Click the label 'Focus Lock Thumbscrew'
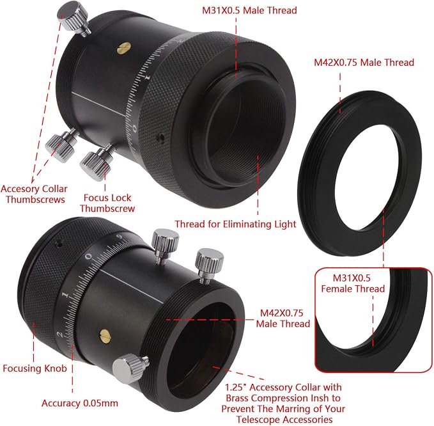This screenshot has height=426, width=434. point(107,203)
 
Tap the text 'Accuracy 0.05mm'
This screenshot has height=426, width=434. point(80,403)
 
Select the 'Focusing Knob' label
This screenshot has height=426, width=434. point(35,368)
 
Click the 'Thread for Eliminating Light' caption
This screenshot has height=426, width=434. point(235,224)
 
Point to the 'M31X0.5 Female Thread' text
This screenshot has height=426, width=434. point(353,283)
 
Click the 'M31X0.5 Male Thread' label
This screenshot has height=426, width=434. point(249,10)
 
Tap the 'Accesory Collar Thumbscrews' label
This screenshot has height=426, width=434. point(34,194)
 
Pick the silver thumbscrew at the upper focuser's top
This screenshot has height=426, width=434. point(74,18)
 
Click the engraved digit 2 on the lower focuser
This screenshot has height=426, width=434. point(60,335)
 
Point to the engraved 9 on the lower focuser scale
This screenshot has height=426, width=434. point(120,237)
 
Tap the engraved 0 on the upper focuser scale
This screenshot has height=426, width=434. point(134,128)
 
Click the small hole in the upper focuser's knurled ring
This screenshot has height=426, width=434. point(160,137)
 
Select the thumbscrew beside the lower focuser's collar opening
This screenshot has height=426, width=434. point(130,368)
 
